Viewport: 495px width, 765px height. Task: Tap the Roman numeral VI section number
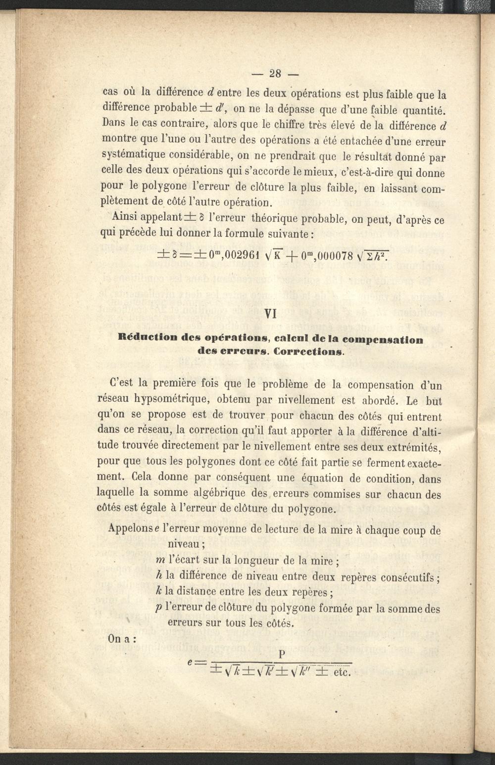click(271, 314)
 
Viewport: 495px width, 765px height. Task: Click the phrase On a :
click(121, 639)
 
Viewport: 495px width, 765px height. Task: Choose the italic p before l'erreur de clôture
click(159, 608)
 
